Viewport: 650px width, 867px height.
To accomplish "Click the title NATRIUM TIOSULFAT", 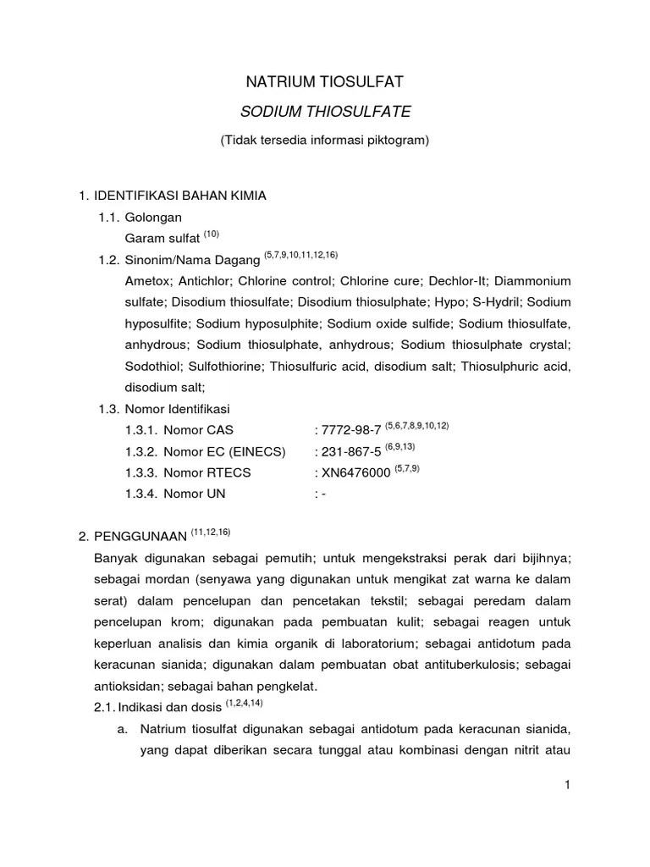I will coord(325,82).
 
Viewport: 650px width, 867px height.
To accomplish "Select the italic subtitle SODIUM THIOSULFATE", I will coord(325,111).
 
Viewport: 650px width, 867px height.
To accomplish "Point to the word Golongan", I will coord(149,218).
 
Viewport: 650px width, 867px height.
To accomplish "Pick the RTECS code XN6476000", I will coord(355,472).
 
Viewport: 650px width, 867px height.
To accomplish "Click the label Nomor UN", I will coord(195,494).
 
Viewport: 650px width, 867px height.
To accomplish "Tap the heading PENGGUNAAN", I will coord(139,536).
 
